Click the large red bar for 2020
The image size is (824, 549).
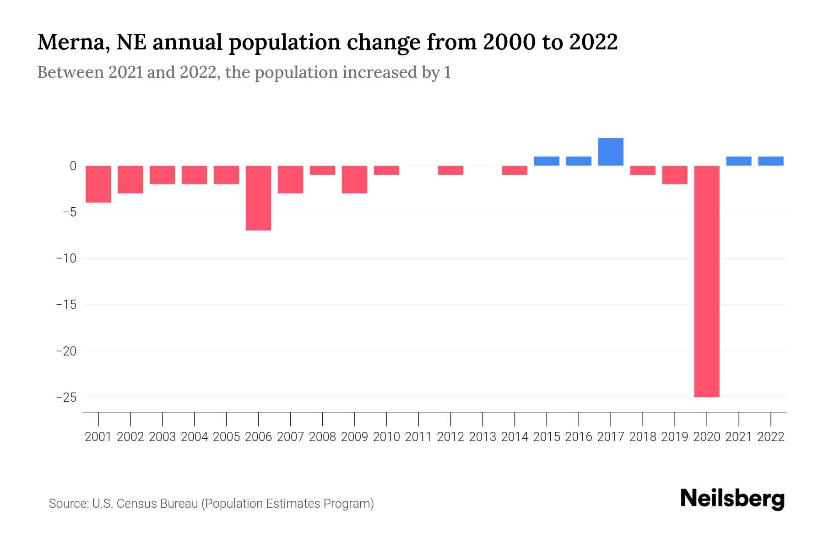coord(706,281)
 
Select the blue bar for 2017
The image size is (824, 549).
coord(610,152)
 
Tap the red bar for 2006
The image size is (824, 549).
coord(258,198)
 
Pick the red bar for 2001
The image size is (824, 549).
coord(98,184)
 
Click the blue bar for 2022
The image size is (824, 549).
coord(770,161)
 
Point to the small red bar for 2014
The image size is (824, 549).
coord(515,170)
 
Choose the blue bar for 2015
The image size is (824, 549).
coord(546,161)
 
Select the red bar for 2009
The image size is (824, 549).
coord(354,179)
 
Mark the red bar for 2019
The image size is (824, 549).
coord(674,175)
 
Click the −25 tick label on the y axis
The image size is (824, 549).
coord(66,397)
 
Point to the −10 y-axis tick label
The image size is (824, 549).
coord(66,258)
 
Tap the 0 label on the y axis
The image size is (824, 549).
coord(73,166)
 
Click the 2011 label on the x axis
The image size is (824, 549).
coord(418,437)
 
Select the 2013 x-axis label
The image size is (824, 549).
coord(482,437)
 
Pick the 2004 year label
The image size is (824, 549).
coord(195,437)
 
